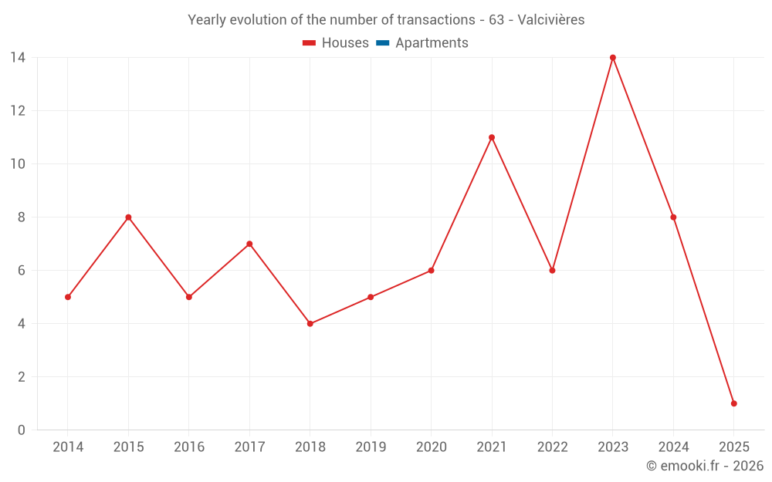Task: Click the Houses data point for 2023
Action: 613,58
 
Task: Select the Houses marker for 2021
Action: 492,137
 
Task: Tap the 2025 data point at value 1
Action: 733,403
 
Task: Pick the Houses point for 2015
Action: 128,217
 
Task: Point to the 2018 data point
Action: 310,324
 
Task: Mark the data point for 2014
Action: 68,297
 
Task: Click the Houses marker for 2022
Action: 552,271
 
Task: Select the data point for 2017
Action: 249,244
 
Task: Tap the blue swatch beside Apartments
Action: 382,43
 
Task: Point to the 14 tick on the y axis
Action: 18,58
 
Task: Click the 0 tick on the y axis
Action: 22,430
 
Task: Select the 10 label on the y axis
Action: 18,164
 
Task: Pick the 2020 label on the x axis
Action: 431,447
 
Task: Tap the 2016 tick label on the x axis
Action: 189,447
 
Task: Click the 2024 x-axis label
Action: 673,447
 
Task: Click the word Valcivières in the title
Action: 551,20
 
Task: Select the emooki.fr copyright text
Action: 705,466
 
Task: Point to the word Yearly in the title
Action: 208,20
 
